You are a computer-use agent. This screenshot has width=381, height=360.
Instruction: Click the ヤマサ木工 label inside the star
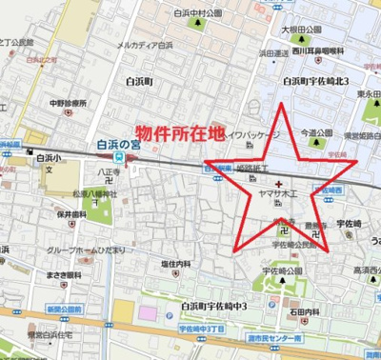278,190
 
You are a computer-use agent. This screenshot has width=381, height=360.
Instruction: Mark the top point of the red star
282,102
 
